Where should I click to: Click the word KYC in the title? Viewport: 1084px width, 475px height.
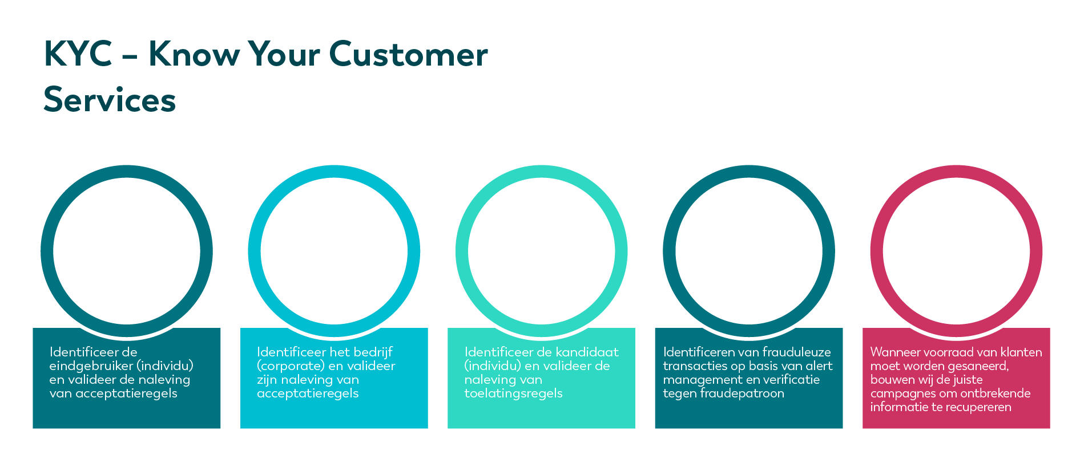coord(78,54)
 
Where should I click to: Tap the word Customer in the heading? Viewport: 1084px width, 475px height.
coord(408,54)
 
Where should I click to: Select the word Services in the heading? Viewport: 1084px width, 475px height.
coord(110,100)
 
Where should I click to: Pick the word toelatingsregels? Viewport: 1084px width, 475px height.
coord(513,393)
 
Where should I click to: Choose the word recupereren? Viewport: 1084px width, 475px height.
coord(977,407)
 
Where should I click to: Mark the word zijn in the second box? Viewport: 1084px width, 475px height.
coord(267,380)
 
